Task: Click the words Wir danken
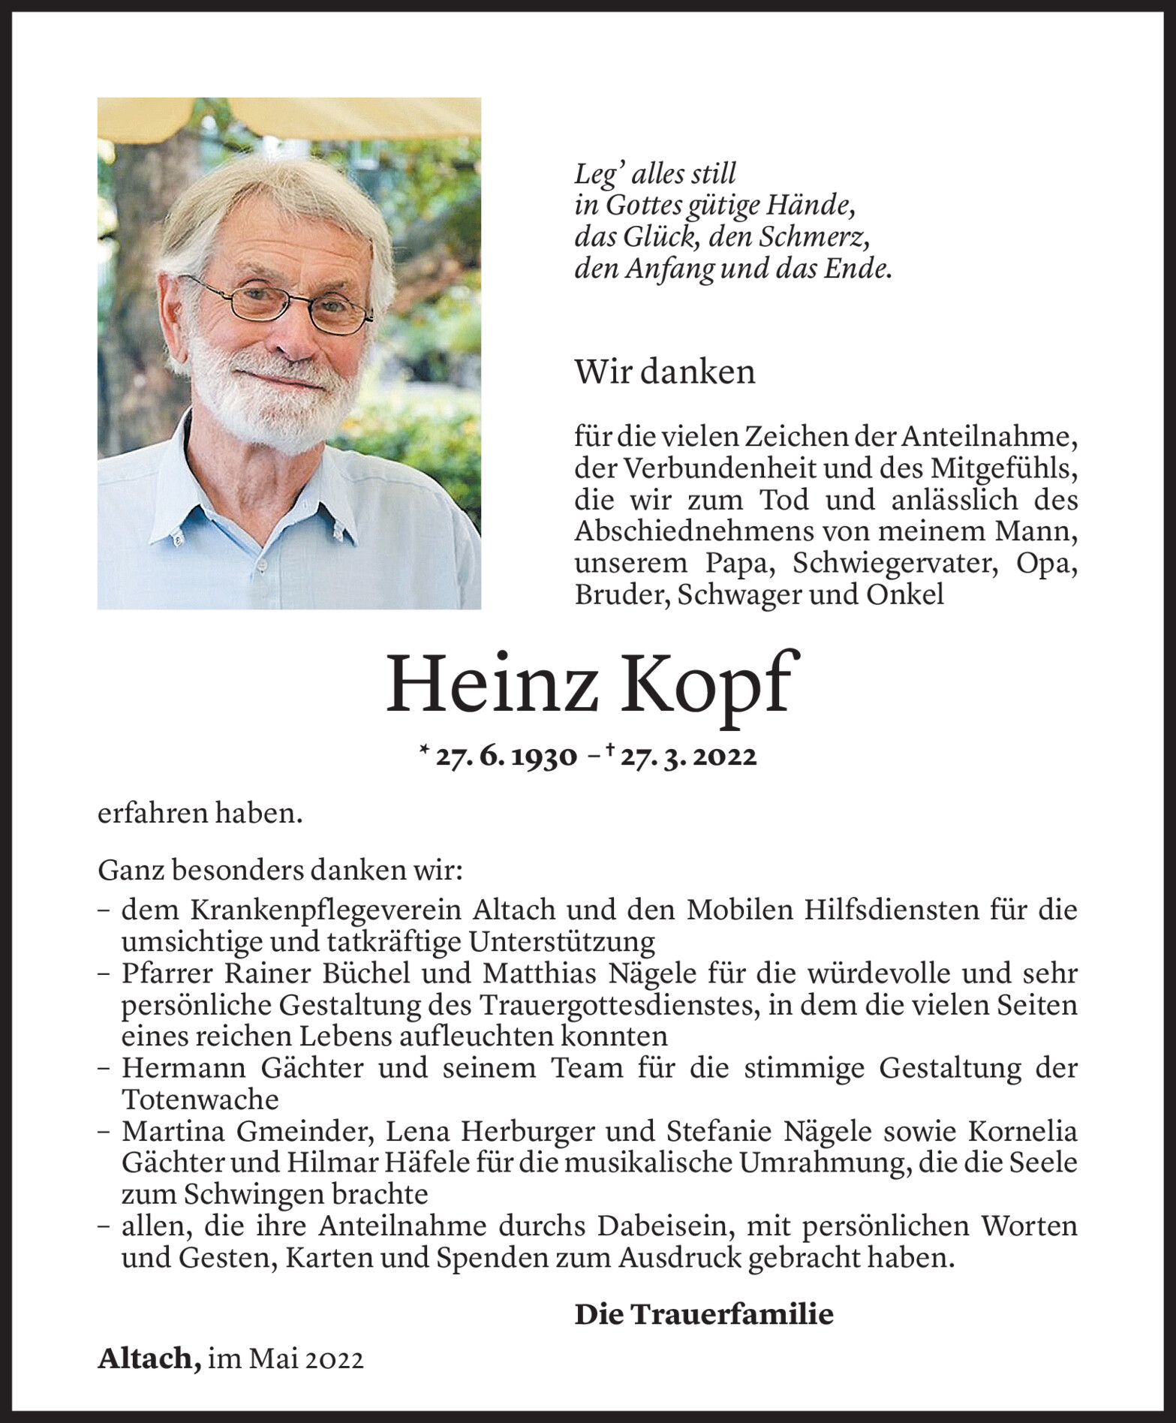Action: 664,372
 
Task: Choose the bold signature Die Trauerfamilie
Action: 703,1314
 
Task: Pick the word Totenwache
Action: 200,1100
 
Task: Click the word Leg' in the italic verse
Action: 596,174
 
